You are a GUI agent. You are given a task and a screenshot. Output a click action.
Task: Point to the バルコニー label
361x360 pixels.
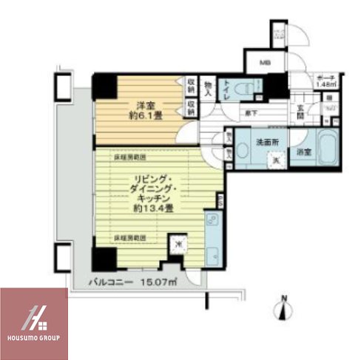coord(112,282)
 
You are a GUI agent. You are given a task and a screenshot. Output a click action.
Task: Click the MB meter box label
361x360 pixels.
coord(263,63)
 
